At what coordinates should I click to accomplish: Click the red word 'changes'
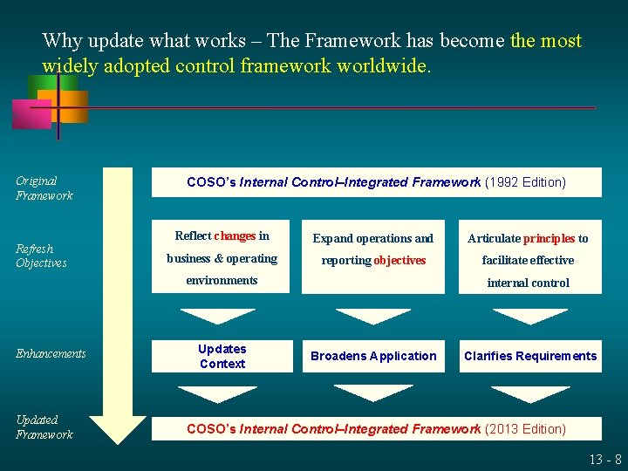(x=235, y=236)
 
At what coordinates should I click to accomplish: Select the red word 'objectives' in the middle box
(x=400, y=261)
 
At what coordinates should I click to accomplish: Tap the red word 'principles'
(x=549, y=238)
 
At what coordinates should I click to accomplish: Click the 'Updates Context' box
(x=222, y=356)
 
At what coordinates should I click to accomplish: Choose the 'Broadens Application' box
(x=373, y=356)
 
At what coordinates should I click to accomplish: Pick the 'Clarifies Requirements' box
(x=530, y=356)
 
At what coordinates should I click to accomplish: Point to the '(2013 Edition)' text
(x=525, y=429)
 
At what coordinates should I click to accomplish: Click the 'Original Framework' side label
(x=44, y=188)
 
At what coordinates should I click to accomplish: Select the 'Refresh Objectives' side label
(x=41, y=256)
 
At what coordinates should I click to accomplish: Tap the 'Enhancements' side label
(x=51, y=353)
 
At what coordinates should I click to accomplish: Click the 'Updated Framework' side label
(x=44, y=427)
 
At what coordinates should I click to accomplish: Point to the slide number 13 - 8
(x=604, y=460)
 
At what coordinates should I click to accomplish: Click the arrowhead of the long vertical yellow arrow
(x=118, y=429)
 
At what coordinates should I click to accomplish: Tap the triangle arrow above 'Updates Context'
(x=217, y=316)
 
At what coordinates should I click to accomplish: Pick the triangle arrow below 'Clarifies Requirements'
(x=530, y=394)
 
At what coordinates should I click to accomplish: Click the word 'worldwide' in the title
(x=386, y=67)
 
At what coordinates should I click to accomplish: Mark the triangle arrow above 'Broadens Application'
(x=373, y=316)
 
